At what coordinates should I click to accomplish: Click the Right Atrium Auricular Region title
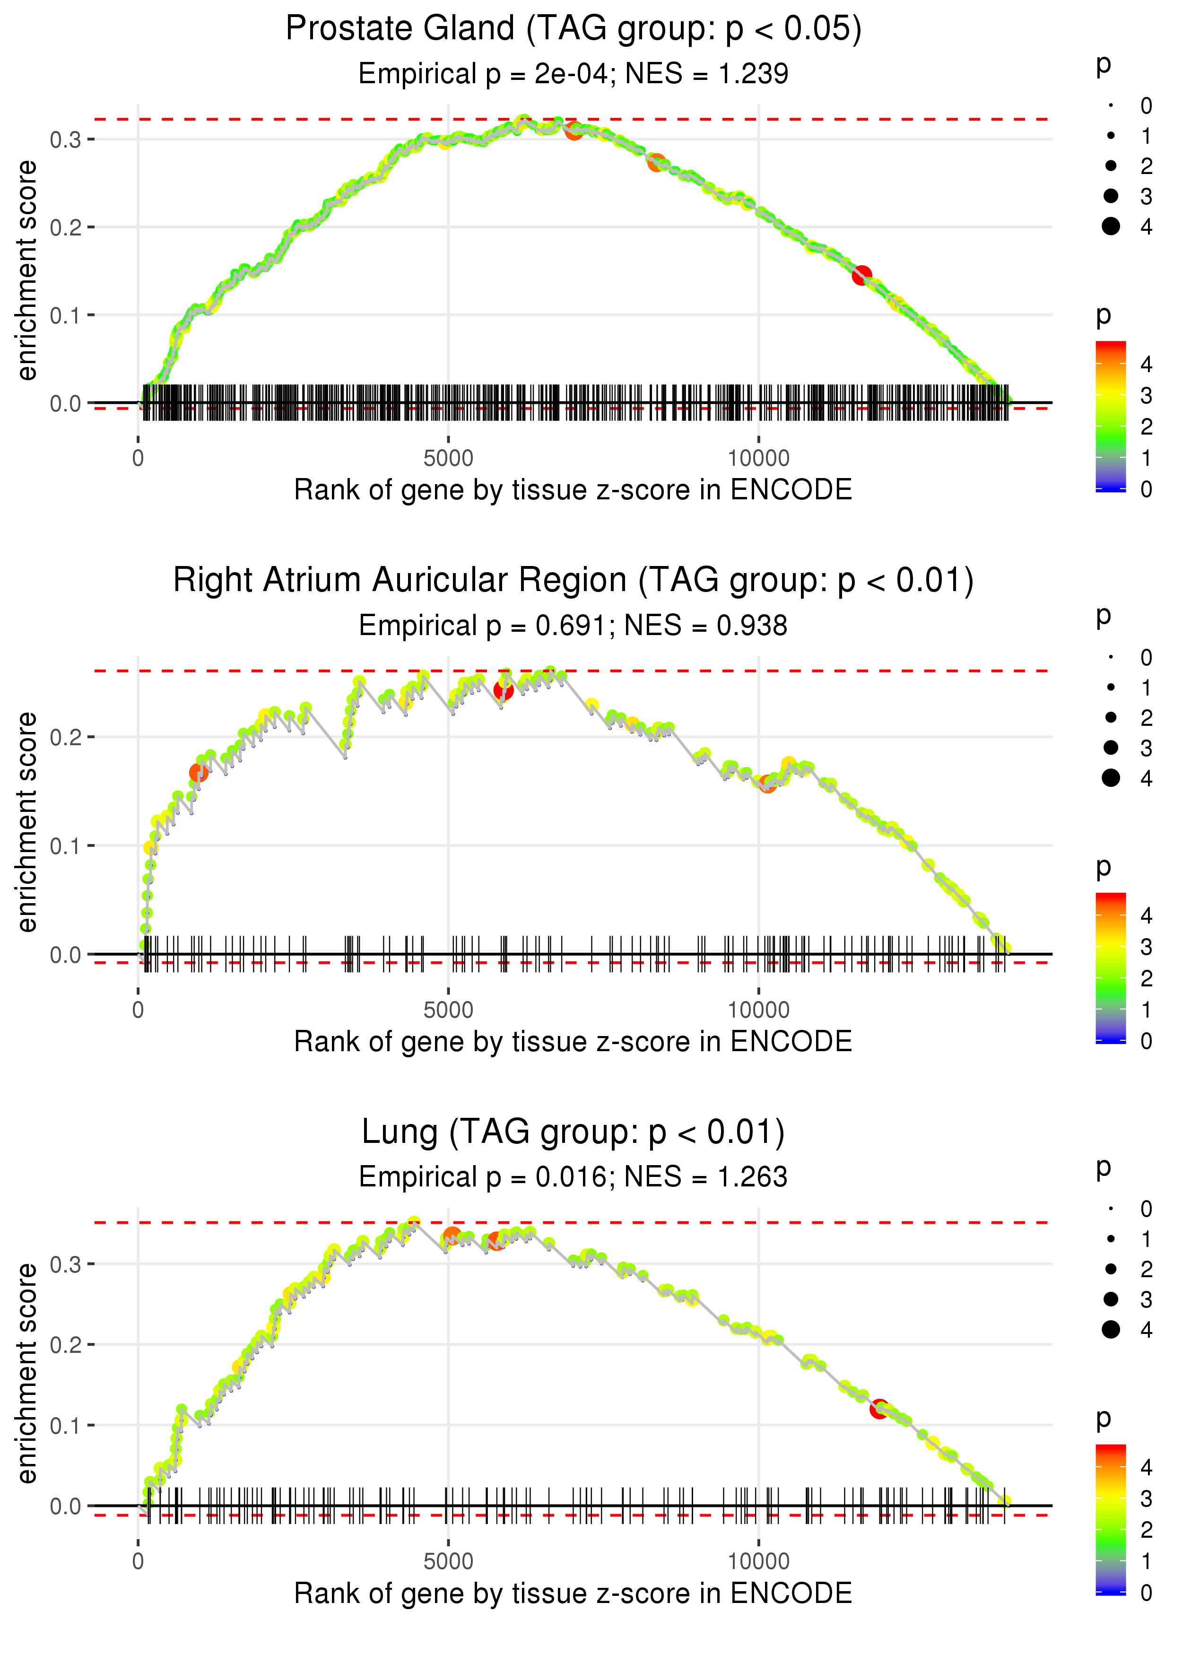coord(573,581)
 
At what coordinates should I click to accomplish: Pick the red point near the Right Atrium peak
coord(503,690)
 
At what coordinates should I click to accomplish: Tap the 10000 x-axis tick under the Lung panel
coord(758,1561)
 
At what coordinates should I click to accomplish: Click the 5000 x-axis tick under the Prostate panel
coord(448,459)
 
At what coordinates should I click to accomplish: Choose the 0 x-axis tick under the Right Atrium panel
coord(138,1010)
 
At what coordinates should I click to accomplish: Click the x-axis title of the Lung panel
coord(573,1593)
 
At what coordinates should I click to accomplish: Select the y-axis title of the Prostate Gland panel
coord(27,271)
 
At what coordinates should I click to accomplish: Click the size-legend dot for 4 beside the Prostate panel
coord(1111,226)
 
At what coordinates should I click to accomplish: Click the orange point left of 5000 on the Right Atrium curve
coord(199,772)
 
